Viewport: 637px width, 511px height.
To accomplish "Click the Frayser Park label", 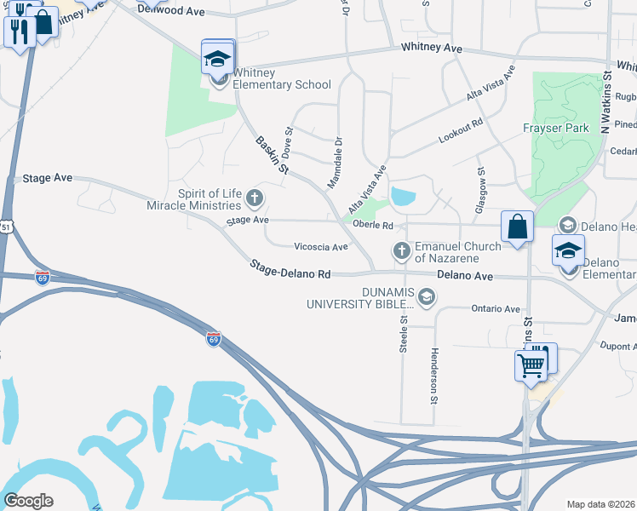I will pos(555,129).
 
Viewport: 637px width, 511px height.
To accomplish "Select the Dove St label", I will pos(288,141).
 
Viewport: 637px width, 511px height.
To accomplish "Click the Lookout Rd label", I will pos(461,129).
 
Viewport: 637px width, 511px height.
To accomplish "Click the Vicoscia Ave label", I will pos(321,247).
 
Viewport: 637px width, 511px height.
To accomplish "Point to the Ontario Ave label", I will pos(495,309).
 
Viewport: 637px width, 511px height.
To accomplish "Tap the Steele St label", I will pos(404,332).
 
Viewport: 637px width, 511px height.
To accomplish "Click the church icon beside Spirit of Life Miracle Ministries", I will pos(254,199).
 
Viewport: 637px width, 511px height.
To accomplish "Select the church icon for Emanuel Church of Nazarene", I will pos(402,250).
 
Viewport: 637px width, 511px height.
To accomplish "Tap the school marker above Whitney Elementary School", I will pos(217,58).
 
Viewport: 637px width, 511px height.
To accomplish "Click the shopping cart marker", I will pos(531,365).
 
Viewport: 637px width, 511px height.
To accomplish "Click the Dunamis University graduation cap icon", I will pos(426,297).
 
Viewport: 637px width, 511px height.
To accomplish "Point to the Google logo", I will pos(28,501).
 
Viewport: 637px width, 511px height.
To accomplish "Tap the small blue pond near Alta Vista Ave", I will pos(402,197).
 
